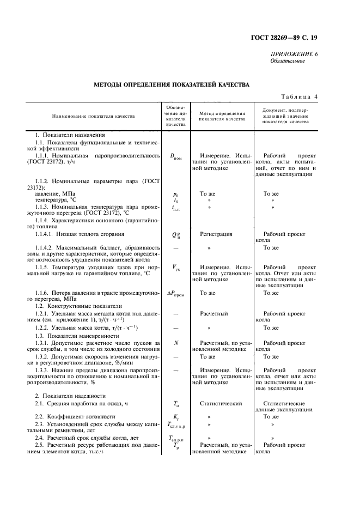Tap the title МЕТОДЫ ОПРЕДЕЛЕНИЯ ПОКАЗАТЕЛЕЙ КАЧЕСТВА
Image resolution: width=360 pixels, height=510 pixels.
[172, 85]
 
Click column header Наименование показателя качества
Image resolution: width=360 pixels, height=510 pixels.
[93, 116]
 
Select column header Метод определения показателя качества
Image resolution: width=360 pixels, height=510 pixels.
[222, 116]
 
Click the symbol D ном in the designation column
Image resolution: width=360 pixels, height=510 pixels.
[175, 156]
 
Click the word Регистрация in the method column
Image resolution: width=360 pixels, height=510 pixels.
[216, 234]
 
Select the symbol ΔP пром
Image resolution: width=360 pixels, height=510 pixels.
[175, 294]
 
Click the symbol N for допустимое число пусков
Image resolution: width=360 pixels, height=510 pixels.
[175, 343]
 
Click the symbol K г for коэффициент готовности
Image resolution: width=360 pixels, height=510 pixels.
[175, 417]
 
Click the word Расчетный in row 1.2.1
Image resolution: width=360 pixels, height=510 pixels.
[213, 314]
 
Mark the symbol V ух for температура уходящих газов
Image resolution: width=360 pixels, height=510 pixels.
[175, 268]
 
